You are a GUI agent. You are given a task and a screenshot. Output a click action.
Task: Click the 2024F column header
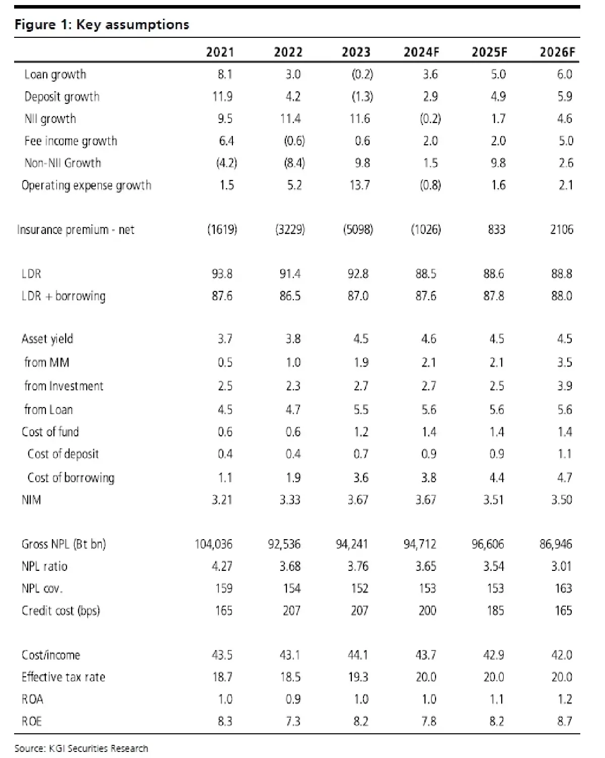421,52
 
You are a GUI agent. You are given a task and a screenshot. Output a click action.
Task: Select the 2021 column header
220,52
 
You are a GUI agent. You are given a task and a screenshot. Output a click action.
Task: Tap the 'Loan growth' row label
55,75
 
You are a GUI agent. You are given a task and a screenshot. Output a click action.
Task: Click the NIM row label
31,500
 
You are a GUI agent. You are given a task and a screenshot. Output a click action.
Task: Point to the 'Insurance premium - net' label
76,230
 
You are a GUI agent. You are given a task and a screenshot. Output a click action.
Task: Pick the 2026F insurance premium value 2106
561,230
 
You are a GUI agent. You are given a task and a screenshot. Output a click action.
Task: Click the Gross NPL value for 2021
214,544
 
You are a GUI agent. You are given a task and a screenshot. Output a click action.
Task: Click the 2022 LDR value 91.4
290,274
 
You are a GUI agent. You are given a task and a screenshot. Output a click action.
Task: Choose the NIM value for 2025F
494,500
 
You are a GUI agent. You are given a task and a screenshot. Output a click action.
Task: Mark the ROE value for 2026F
564,721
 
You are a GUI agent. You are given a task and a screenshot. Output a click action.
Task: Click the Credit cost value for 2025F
495,611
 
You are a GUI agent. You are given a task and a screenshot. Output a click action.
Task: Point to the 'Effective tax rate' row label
63,677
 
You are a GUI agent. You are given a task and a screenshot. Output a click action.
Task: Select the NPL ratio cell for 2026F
561,566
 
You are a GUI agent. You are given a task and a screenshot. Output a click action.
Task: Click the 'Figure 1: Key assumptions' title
102,25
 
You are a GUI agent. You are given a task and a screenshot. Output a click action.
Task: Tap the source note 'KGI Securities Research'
98,748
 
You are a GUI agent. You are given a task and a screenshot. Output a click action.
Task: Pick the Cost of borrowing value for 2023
360,478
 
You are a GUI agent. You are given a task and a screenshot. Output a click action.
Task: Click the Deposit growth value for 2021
222,97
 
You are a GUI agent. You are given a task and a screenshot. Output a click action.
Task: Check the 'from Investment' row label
64,386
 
